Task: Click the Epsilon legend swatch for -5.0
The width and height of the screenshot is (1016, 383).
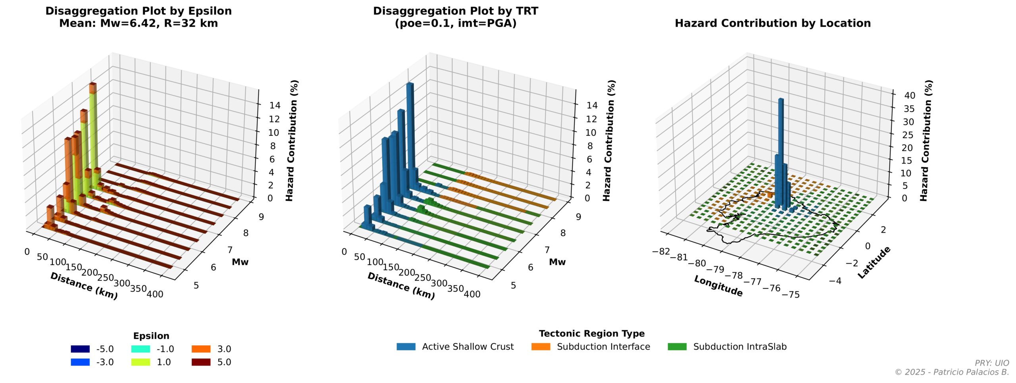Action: click(80, 349)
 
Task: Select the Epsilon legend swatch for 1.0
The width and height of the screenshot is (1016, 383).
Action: click(140, 362)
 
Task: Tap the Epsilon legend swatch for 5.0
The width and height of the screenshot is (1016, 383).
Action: click(201, 362)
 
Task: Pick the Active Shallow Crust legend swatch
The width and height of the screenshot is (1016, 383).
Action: click(406, 346)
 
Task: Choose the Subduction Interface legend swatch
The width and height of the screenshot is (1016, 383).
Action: click(541, 346)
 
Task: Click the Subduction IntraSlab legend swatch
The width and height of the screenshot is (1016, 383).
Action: click(677, 346)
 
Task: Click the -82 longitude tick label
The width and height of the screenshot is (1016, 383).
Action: click(661, 251)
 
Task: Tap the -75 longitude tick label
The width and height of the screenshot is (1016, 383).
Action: click(791, 294)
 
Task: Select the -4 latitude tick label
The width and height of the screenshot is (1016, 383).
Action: click(835, 281)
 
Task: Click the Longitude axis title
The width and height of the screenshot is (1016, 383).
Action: click(718, 286)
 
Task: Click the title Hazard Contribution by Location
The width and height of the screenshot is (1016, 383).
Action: click(773, 23)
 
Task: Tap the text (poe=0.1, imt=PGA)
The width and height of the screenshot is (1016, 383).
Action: click(456, 23)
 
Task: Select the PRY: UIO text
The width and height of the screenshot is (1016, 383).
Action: click(991, 363)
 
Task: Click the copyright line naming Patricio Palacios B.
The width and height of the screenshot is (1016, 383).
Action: click(952, 372)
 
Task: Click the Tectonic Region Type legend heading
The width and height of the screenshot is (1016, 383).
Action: click(591, 333)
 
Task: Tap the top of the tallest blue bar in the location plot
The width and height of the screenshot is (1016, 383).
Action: click(781, 99)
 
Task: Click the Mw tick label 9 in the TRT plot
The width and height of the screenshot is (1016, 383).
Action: click(578, 217)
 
